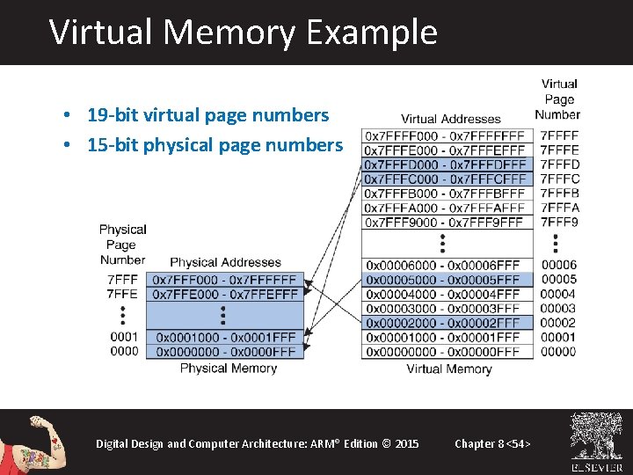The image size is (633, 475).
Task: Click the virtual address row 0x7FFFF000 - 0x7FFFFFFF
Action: (445, 136)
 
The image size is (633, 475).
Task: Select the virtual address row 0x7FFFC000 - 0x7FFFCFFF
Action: (445, 179)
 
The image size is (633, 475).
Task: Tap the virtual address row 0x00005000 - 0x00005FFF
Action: (443, 280)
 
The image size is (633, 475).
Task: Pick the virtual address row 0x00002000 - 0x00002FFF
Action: (443, 323)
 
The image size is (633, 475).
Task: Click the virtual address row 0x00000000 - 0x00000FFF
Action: (443, 352)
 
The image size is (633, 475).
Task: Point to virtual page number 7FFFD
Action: (559, 164)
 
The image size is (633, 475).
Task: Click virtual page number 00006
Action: (559, 265)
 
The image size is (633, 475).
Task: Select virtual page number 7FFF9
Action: (559, 222)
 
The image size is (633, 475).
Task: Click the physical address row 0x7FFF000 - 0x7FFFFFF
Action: (225, 279)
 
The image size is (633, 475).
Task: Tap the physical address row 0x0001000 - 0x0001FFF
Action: (225, 337)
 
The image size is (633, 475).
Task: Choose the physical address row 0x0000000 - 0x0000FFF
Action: (225, 351)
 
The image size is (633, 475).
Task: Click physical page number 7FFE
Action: (122, 294)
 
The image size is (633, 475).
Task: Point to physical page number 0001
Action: (124, 337)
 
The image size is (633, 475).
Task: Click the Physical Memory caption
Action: (229, 368)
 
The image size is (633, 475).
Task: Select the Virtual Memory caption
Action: (448, 369)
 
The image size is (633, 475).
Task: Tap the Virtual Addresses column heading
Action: (450, 119)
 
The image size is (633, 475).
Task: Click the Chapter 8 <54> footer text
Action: (492, 443)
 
